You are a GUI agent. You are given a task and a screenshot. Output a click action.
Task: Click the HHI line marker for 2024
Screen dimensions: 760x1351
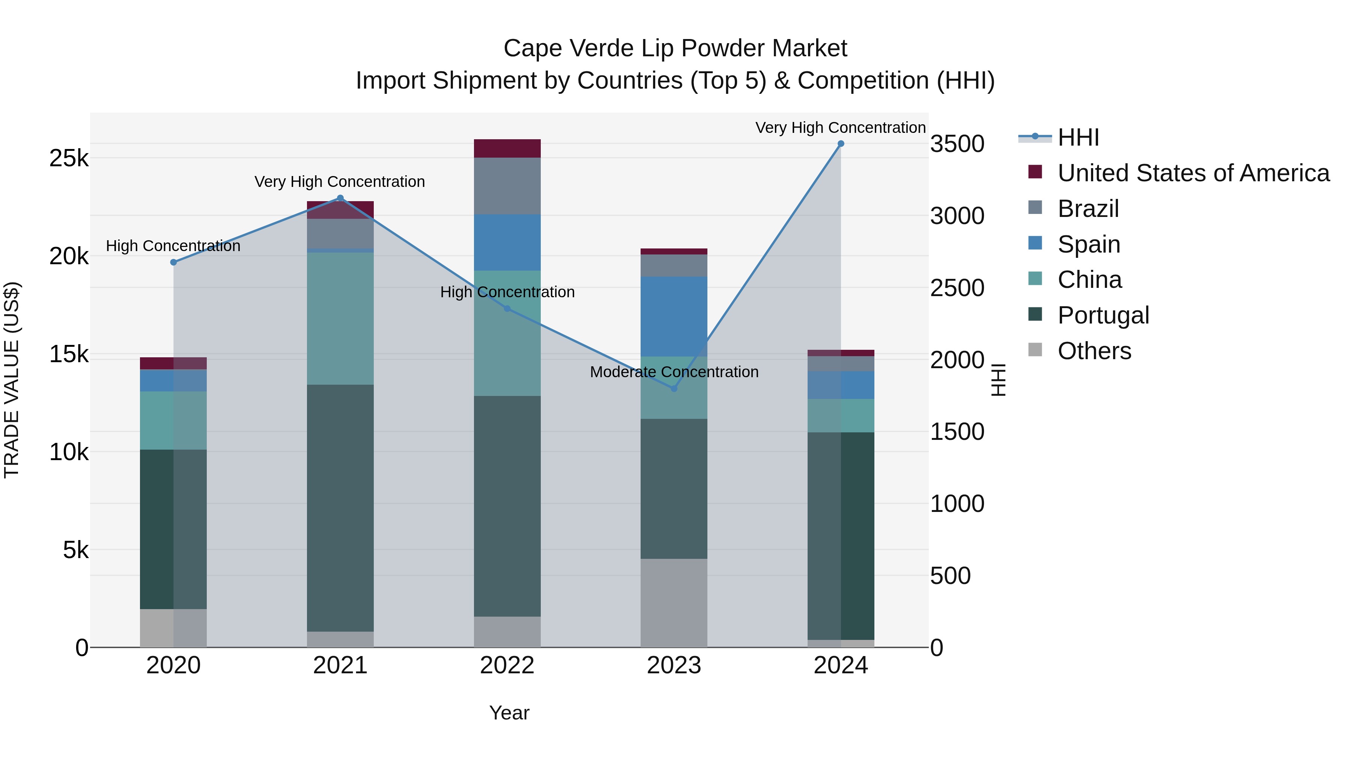[x=841, y=144]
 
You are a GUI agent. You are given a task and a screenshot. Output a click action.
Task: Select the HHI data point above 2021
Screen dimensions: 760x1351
[x=340, y=198]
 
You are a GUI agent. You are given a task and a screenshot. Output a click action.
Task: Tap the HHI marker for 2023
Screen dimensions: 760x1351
[x=674, y=389]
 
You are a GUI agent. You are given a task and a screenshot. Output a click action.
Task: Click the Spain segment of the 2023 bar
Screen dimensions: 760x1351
[x=674, y=316]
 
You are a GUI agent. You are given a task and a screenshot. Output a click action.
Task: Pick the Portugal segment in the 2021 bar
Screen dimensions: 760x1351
[x=340, y=508]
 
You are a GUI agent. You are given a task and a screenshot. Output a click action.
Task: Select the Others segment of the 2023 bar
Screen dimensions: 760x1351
[x=674, y=603]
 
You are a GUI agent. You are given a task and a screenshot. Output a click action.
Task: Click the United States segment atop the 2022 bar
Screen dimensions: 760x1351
[x=507, y=148]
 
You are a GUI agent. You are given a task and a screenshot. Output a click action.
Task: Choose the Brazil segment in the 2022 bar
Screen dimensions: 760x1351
[x=507, y=186]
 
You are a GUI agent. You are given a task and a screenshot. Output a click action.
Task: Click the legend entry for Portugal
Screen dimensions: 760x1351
[x=1103, y=315]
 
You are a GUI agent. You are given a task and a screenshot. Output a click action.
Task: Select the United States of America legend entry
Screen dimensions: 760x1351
[x=1193, y=173]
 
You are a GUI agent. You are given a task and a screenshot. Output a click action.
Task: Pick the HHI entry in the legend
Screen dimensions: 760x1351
[x=1078, y=137]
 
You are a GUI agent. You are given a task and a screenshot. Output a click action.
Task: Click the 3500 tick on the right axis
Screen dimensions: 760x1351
[x=957, y=144]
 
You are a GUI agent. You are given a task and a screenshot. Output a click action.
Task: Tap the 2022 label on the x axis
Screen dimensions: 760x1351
[x=507, y=665]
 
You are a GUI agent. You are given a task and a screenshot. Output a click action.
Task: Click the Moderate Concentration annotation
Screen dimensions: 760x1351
[x=674, y=372]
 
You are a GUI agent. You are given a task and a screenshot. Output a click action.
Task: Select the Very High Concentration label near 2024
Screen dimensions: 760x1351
[x=840, y=128]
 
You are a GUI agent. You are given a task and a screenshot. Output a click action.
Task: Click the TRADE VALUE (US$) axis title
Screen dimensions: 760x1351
[x=12, y=380]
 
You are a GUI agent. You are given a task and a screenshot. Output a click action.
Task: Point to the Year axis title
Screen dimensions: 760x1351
[x=509, y=713]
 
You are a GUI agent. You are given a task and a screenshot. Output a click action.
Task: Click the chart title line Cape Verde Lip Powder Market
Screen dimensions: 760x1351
[x=675, y=48]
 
